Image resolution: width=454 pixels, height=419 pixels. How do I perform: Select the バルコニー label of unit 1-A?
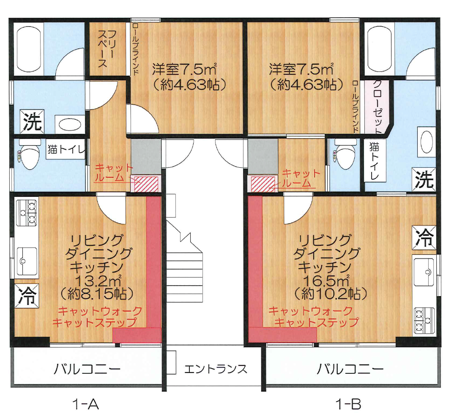[x=88, y=369]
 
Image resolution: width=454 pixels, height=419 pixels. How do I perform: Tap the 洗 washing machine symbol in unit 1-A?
[x=32, y=122]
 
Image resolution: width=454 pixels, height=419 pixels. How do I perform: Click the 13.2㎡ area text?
[x=97, y=280]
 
